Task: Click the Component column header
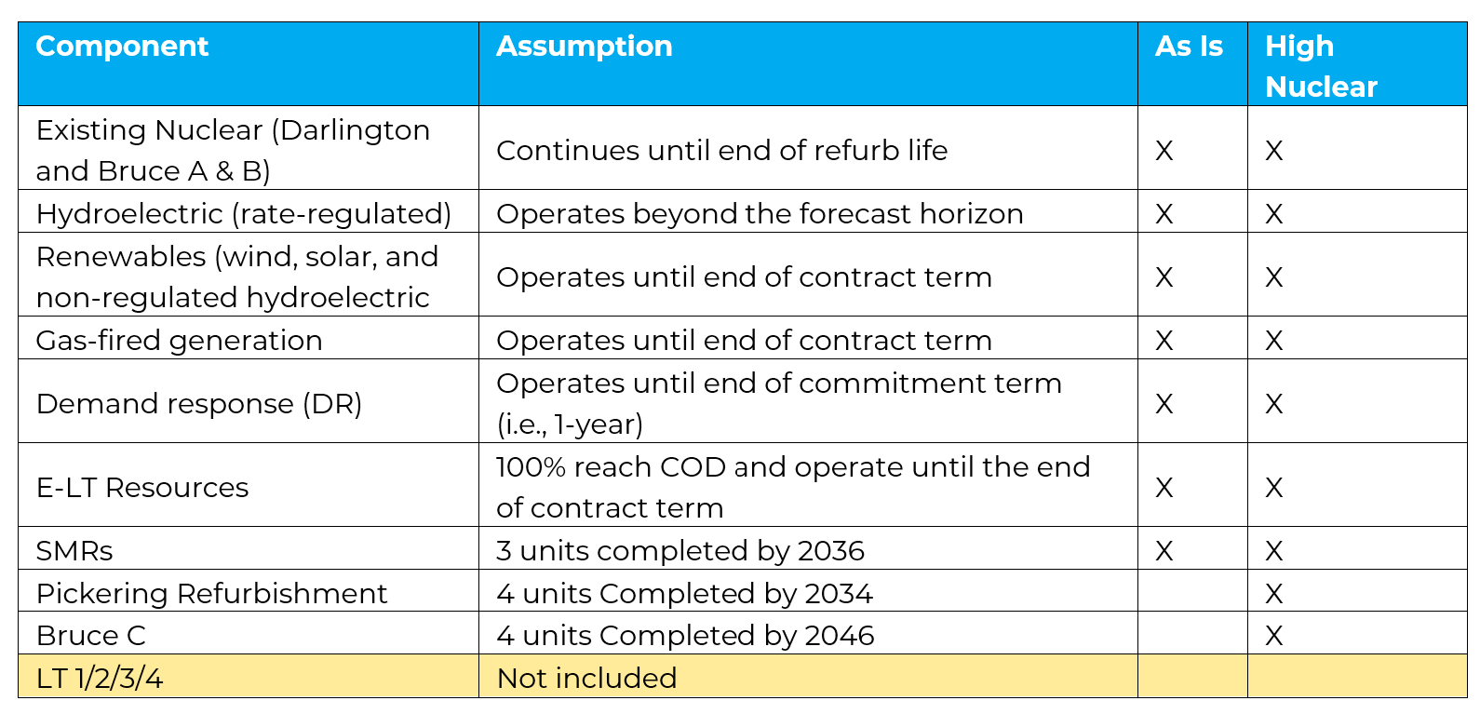tap(122, 47)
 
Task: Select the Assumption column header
tap(584, 47)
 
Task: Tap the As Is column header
tap(1189, 47)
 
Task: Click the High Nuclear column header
tap(1320, 66)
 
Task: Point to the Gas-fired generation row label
tap(179, 340)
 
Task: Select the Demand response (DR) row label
tap(198, 403)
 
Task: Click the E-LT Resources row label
tap(142, 487)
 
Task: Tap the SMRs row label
tap(74, 550)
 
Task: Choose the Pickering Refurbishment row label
tap(211, 593)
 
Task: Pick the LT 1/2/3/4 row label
tap(100, 678)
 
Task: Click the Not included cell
tap(586, 678)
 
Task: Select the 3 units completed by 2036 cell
tap(680, 550)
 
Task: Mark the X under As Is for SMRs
tap(1164, 551)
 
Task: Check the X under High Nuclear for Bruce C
tap(1273, 636)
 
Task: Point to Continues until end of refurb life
tap(721, 150)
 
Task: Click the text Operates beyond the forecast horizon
tap(760, 213)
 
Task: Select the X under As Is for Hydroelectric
tap(1164, 214)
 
